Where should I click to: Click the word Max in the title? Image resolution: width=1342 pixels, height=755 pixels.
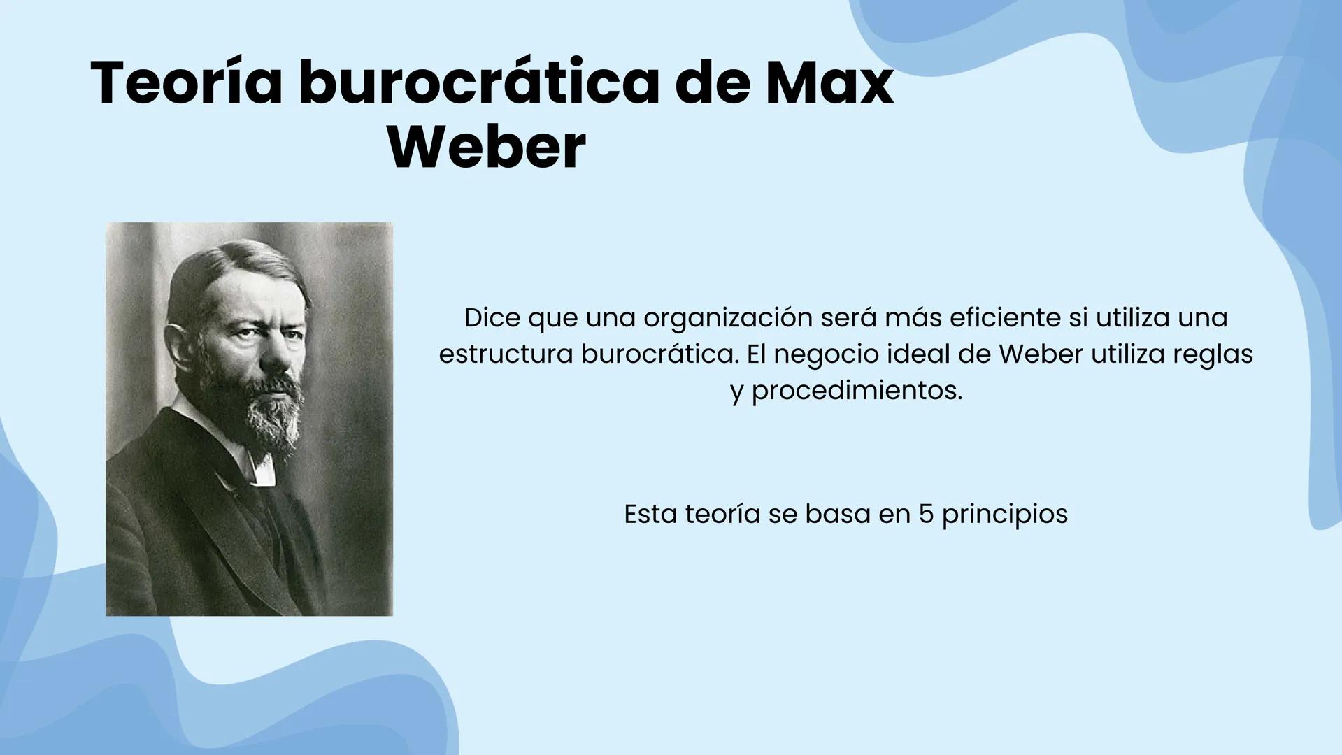[829, 82]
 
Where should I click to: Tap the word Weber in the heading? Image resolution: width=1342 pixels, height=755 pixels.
[487, 148]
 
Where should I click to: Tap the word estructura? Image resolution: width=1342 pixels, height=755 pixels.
[506, 354]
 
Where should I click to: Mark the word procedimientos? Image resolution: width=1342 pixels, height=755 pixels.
[857, 391]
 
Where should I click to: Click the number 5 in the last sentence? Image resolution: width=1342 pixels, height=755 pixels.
[926, 515]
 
